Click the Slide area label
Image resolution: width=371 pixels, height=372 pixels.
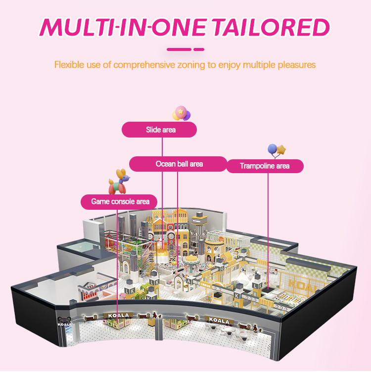click(x=159, y=130)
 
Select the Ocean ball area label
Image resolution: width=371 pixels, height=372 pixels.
click(x=179, y=164)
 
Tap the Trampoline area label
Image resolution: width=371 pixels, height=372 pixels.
click(x=265, y=166)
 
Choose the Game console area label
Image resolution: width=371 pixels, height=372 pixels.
click(x=120, y=201)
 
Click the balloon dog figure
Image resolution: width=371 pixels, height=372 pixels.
click(x=119, y=183)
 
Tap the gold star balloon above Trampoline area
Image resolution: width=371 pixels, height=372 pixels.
click(x=281, y=148)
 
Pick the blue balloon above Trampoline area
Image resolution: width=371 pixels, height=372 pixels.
click(x=272, y=148)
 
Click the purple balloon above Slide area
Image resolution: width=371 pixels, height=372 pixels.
click(x=186, y=116)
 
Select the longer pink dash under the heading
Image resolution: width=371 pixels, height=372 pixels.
click(x=179, y=49)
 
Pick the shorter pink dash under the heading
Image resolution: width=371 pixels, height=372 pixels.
click(x=199, y=49)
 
